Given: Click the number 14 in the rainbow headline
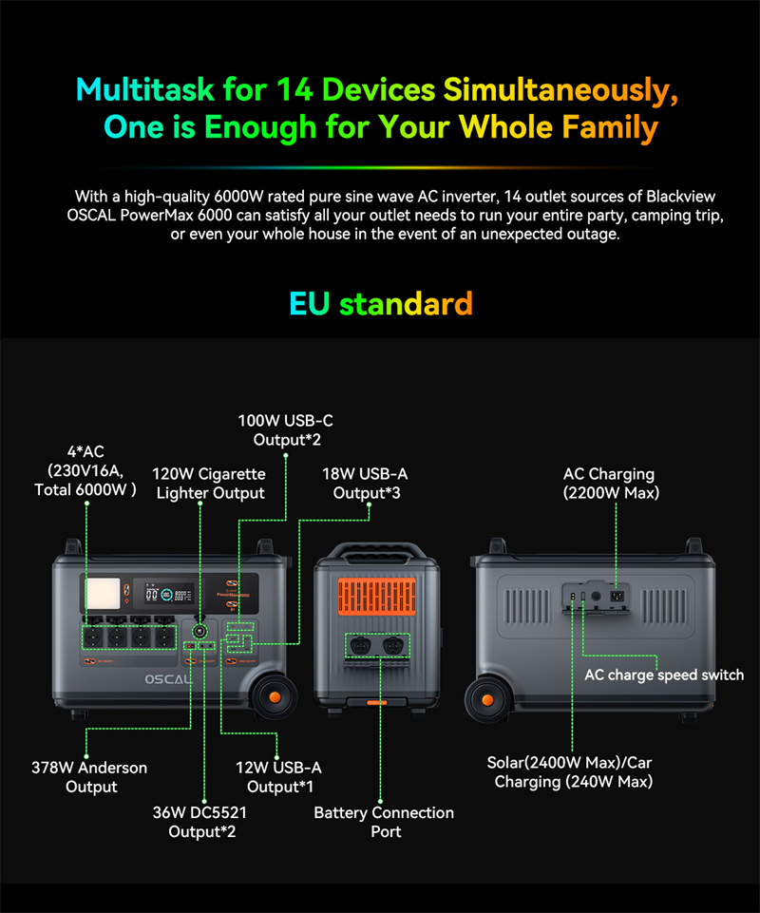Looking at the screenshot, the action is pos(294,89).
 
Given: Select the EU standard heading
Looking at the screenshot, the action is pos(381,303).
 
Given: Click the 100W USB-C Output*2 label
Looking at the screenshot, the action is pos(285,429).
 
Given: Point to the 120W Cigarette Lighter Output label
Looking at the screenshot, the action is pos(209,484).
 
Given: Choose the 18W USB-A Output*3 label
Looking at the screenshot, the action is pos(365,484).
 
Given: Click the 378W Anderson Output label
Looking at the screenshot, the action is pos(89,777).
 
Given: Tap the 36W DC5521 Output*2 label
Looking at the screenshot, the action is pos(200,822).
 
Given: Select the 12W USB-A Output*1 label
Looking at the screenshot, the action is pos(279,777).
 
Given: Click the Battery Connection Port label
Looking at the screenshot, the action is pos(384,822).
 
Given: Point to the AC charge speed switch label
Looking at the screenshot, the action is pos(664,675).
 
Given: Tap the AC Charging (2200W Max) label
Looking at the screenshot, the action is pos(611,484).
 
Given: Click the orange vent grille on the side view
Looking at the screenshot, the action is pos(377,597).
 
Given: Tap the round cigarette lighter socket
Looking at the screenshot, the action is pos(199,631).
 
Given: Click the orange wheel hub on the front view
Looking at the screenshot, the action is pos(275,697).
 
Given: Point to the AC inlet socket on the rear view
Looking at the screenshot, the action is pos(617,597).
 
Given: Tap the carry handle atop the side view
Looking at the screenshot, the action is pos(377,550).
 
